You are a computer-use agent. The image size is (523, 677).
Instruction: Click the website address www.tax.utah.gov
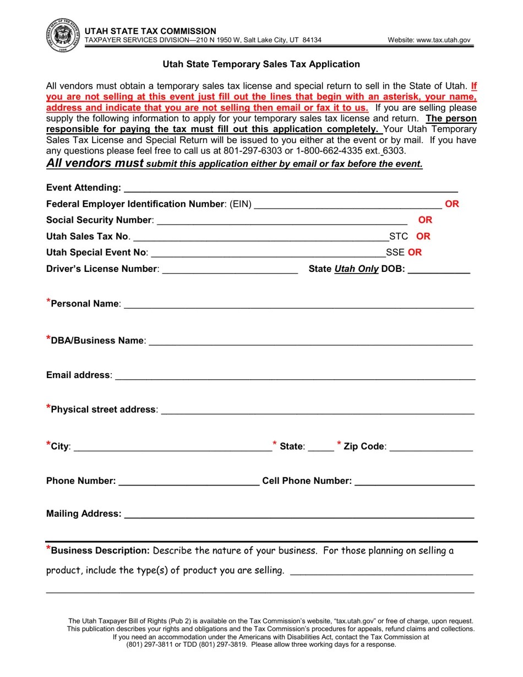429,40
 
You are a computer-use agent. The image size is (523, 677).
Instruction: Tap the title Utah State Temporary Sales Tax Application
261,64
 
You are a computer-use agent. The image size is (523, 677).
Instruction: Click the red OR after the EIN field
452,204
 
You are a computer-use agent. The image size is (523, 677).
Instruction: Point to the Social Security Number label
99,220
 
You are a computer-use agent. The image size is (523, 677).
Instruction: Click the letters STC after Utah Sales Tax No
399,237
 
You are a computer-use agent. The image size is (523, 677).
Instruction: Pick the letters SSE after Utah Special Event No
395,253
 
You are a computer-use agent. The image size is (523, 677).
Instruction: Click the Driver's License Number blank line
230,269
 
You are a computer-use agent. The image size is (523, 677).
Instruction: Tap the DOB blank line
439,269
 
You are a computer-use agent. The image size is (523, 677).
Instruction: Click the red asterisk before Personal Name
48,302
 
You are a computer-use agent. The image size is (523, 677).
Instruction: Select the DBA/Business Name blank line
310,341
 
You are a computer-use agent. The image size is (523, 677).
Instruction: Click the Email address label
79,375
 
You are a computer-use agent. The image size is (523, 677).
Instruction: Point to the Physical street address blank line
317,410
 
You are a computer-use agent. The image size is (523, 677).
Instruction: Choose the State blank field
321,447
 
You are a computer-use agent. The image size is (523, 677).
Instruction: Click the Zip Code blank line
431,447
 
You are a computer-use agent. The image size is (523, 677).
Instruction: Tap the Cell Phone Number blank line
415,482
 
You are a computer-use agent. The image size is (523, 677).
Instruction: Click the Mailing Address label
84,514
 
